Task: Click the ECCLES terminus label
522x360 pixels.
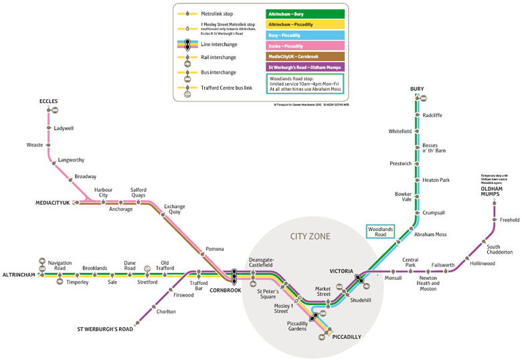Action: point(49,101)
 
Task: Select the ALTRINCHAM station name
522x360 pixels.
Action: point(19,274)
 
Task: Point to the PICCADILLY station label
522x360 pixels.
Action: point(347,337)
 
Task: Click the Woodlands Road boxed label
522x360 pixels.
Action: point(381,232)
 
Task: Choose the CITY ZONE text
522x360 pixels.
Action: point(310,236)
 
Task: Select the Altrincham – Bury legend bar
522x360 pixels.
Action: point(304,13)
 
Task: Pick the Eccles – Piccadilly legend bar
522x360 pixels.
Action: point(304,46)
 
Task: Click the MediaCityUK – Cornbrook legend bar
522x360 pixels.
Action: point(304,57)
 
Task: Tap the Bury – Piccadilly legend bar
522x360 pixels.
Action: point(304,35)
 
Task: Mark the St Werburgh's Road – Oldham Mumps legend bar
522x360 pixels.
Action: point(304,68)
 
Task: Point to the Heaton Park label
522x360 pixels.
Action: point(436,180)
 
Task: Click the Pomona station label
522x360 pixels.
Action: point(215,249)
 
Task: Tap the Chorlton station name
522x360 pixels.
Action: point(166,312)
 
